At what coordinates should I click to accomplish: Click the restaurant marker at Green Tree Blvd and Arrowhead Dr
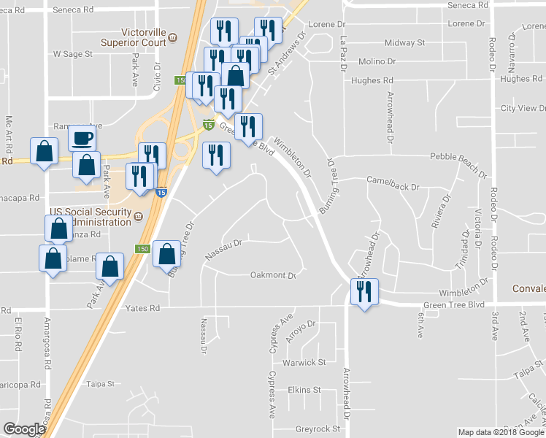[x=363, y=291]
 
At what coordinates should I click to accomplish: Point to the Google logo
[x=24, y=429]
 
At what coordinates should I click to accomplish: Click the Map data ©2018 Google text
[x=501, y=432]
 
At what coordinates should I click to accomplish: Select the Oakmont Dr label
[x=272, y=275]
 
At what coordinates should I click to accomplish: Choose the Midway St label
[x=404, y=43]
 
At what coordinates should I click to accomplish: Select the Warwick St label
[x=304, y=362]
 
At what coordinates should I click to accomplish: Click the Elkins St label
[x=304, y=390]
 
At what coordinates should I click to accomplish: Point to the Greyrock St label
[x=318, y=429]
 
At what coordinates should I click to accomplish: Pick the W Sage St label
[x=73, y=54]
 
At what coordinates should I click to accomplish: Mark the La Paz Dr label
[x=342, y=55]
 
